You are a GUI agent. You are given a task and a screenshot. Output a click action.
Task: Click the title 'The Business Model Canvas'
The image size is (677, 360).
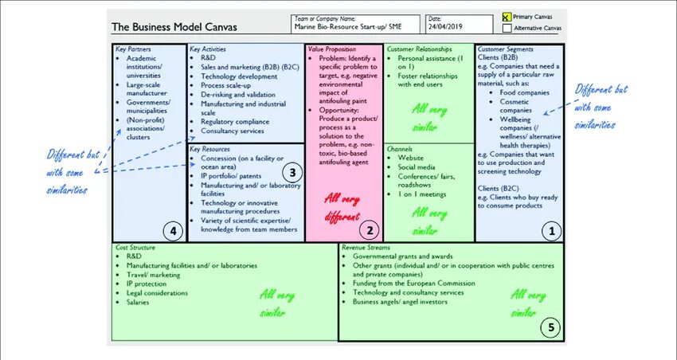pos(174,26)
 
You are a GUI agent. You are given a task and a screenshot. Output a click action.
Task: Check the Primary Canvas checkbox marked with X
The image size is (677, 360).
pos(507,16)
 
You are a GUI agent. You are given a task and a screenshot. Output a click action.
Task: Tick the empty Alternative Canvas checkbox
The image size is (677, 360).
pos(507,28)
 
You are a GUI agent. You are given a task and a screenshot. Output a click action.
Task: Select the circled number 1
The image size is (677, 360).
pos(549,231)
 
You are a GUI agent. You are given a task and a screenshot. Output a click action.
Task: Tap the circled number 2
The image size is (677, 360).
pos(368,231)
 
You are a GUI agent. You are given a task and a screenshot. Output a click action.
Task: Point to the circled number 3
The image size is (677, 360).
pos(292,171)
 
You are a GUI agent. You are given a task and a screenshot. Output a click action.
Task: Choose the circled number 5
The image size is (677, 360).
pos(549,326)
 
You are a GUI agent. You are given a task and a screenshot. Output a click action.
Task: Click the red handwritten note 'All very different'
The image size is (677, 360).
pos(342,207)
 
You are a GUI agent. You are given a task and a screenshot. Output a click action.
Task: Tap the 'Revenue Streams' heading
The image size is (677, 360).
pos(366,248)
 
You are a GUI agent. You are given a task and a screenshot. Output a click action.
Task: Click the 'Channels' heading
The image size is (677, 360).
pos(401,148)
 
